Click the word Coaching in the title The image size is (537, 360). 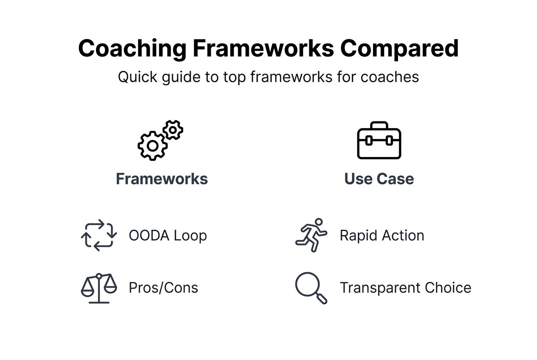tap(132, 49)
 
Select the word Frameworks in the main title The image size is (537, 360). tap(263, 49)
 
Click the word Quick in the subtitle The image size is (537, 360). tap(133, 77)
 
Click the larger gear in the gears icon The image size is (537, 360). tap(152, 146)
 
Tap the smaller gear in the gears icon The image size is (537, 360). tap(173, 129)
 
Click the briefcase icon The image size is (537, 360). tap(379, 141)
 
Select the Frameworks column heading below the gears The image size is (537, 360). tap(162, 179)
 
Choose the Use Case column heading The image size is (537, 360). tap(379, 179)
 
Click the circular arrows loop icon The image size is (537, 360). tap(99, 235)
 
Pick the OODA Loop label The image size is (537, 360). tap(168, 236)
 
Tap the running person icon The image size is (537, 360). tap(311, 235)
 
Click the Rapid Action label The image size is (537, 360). tap(382, 236)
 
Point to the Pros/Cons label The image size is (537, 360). tap(164, 288)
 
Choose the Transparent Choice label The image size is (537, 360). tap(405, 288)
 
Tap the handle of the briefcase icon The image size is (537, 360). tap(379, 125)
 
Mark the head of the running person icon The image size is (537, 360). tap(318, 222)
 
